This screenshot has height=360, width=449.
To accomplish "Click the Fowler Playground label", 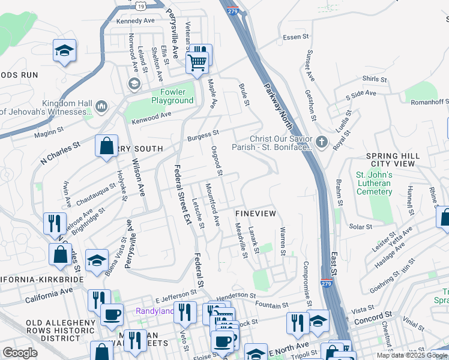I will click(x=172, y=96).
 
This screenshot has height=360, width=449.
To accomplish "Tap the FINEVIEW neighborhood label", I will click(x=256, y=214).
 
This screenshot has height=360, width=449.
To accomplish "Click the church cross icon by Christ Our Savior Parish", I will click(x=322, y=142).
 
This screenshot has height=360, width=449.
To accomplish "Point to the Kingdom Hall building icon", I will click(x=101, y=107).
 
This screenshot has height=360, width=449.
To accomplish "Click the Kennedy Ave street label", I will click(x=136, y=20).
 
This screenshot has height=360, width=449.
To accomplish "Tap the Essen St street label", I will click(x=295, y=37).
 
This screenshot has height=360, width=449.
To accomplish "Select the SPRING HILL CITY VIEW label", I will click(x=393, y=160).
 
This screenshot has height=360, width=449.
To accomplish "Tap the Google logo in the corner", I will click(x=20, y=352).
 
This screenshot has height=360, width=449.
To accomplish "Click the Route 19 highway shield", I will click(x=140, y=5).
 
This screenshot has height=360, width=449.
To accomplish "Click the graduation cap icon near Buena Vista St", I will click(x=97, y=261).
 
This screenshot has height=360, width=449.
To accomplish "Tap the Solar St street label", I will click(x=361, y=227).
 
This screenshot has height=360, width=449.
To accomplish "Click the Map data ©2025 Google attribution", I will click(x=412, y=355).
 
